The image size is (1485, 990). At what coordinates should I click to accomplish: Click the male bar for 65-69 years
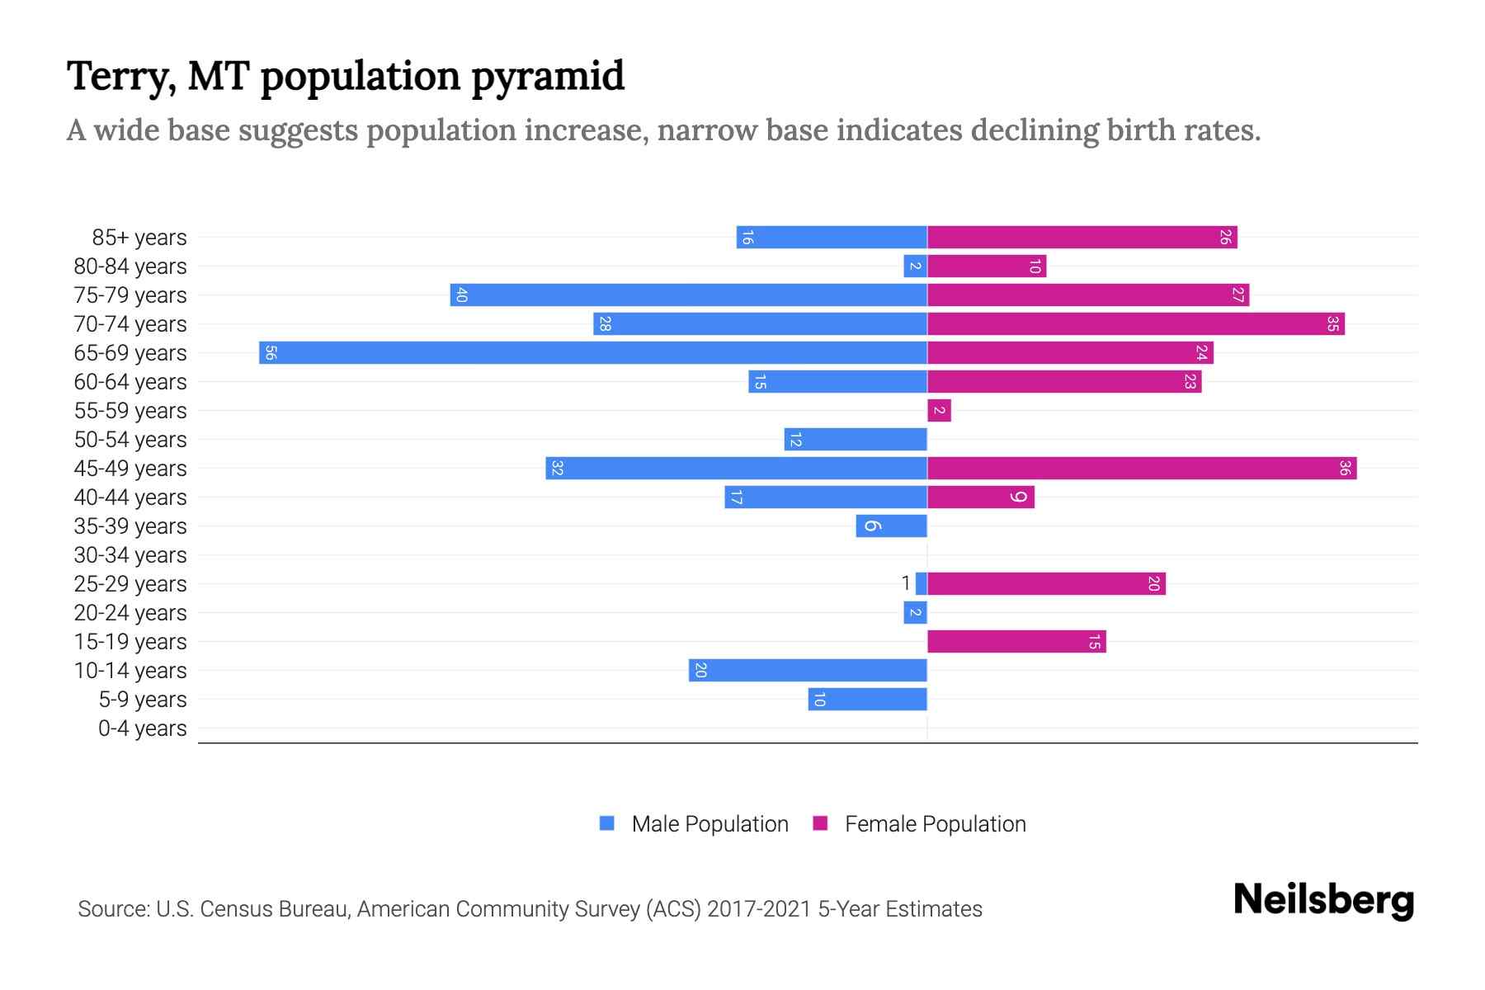[592, 353]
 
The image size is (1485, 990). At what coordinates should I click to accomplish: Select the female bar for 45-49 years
[1142, 469]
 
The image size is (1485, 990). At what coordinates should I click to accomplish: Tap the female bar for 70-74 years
[1135, 324]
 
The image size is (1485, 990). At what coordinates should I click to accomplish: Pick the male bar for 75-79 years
[688, 295]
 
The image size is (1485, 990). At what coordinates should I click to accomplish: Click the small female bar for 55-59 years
[939, 411]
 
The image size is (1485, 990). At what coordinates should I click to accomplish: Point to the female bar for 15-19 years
[1016, 642]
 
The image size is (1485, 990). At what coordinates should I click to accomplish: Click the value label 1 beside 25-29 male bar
[906, 583]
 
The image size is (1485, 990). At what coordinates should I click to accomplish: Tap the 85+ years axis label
[139, 238]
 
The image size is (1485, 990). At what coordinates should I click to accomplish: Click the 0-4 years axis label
[142, 728]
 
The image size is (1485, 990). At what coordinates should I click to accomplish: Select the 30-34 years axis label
[130, 555]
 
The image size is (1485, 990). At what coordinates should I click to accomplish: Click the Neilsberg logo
[1323, 900]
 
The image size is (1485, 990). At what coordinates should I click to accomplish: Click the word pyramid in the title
[548, 78]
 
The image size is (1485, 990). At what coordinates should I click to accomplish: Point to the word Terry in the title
[120, 78]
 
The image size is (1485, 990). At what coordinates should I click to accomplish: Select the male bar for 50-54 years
[855, 440]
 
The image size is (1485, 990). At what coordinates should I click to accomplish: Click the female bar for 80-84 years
[987, 266]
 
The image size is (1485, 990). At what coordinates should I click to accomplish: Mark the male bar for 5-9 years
[867, 700]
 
